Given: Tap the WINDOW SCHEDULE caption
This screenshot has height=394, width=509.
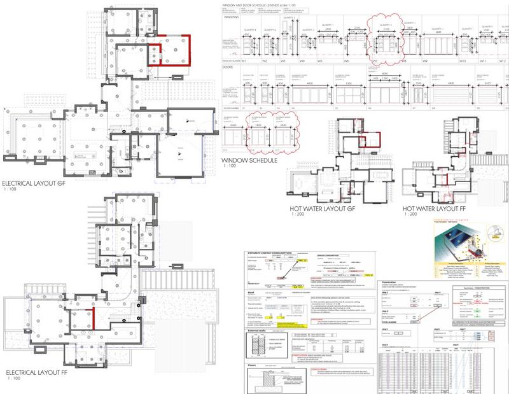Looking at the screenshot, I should click(249, 161).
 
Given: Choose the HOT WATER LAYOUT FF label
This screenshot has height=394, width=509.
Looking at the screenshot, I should click(436, 208).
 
